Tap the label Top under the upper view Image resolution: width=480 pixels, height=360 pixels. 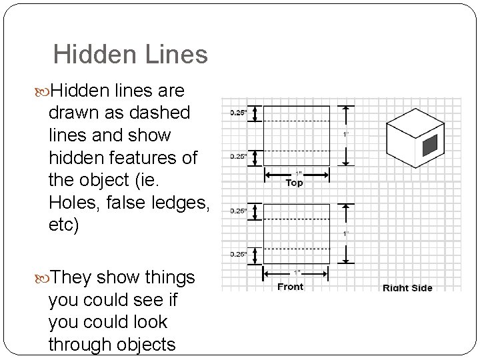point(294,183)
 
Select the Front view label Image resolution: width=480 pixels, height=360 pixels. point(290,287)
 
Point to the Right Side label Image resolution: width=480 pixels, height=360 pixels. point(407,288)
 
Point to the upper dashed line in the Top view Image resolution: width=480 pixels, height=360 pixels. point(297,121)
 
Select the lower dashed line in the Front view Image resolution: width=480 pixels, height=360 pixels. point(297,245)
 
